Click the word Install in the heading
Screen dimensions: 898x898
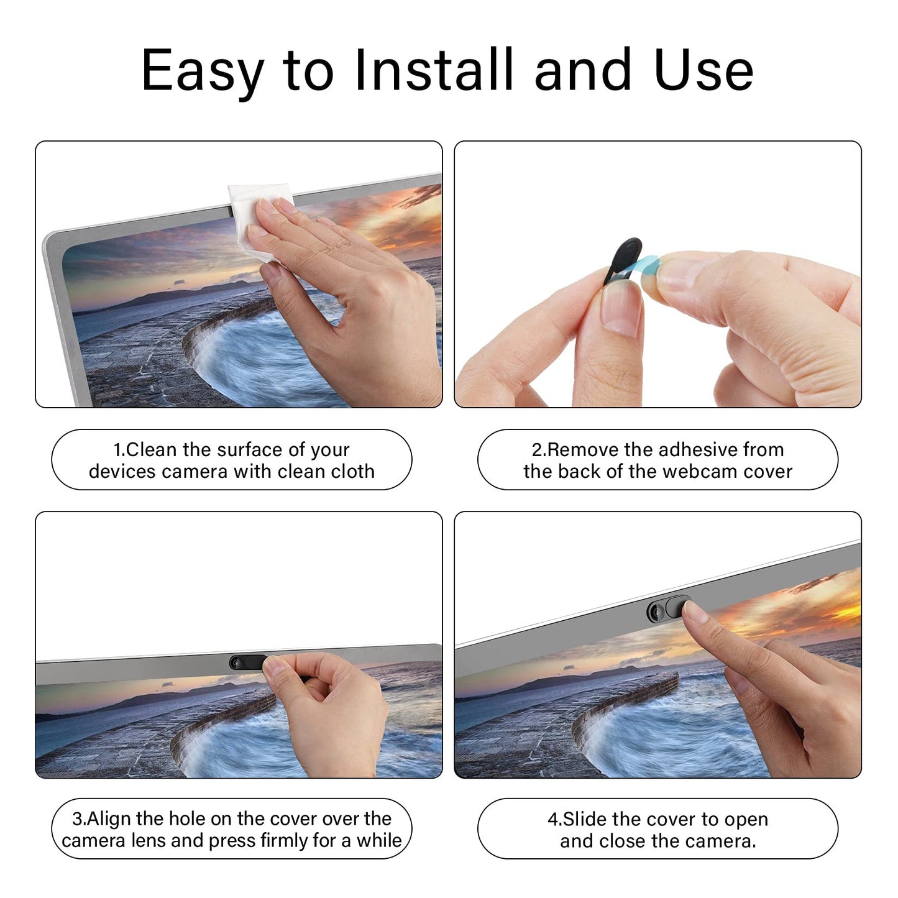coord(434,70)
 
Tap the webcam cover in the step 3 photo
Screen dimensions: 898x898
coord(245,662)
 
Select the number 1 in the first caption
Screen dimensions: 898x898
coord(117,450)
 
